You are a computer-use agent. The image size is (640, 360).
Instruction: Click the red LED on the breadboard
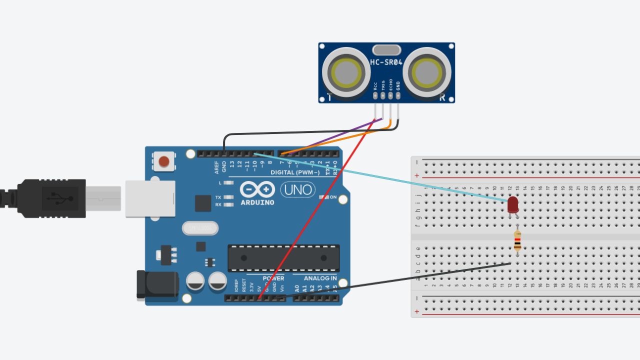513,204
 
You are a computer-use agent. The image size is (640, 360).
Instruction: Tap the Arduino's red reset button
163,161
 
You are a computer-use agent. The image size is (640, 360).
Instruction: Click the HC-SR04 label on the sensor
386,62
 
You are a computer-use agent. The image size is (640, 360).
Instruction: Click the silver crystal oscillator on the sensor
386,49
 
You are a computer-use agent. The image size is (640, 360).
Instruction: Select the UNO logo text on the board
297,189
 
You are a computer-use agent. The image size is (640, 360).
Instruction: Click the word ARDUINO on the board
257,202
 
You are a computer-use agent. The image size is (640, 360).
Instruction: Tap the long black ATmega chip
283,258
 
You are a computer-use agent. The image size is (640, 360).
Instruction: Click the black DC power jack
157,285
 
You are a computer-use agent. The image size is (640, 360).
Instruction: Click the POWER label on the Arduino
273,278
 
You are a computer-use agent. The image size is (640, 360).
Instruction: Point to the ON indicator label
333,197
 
